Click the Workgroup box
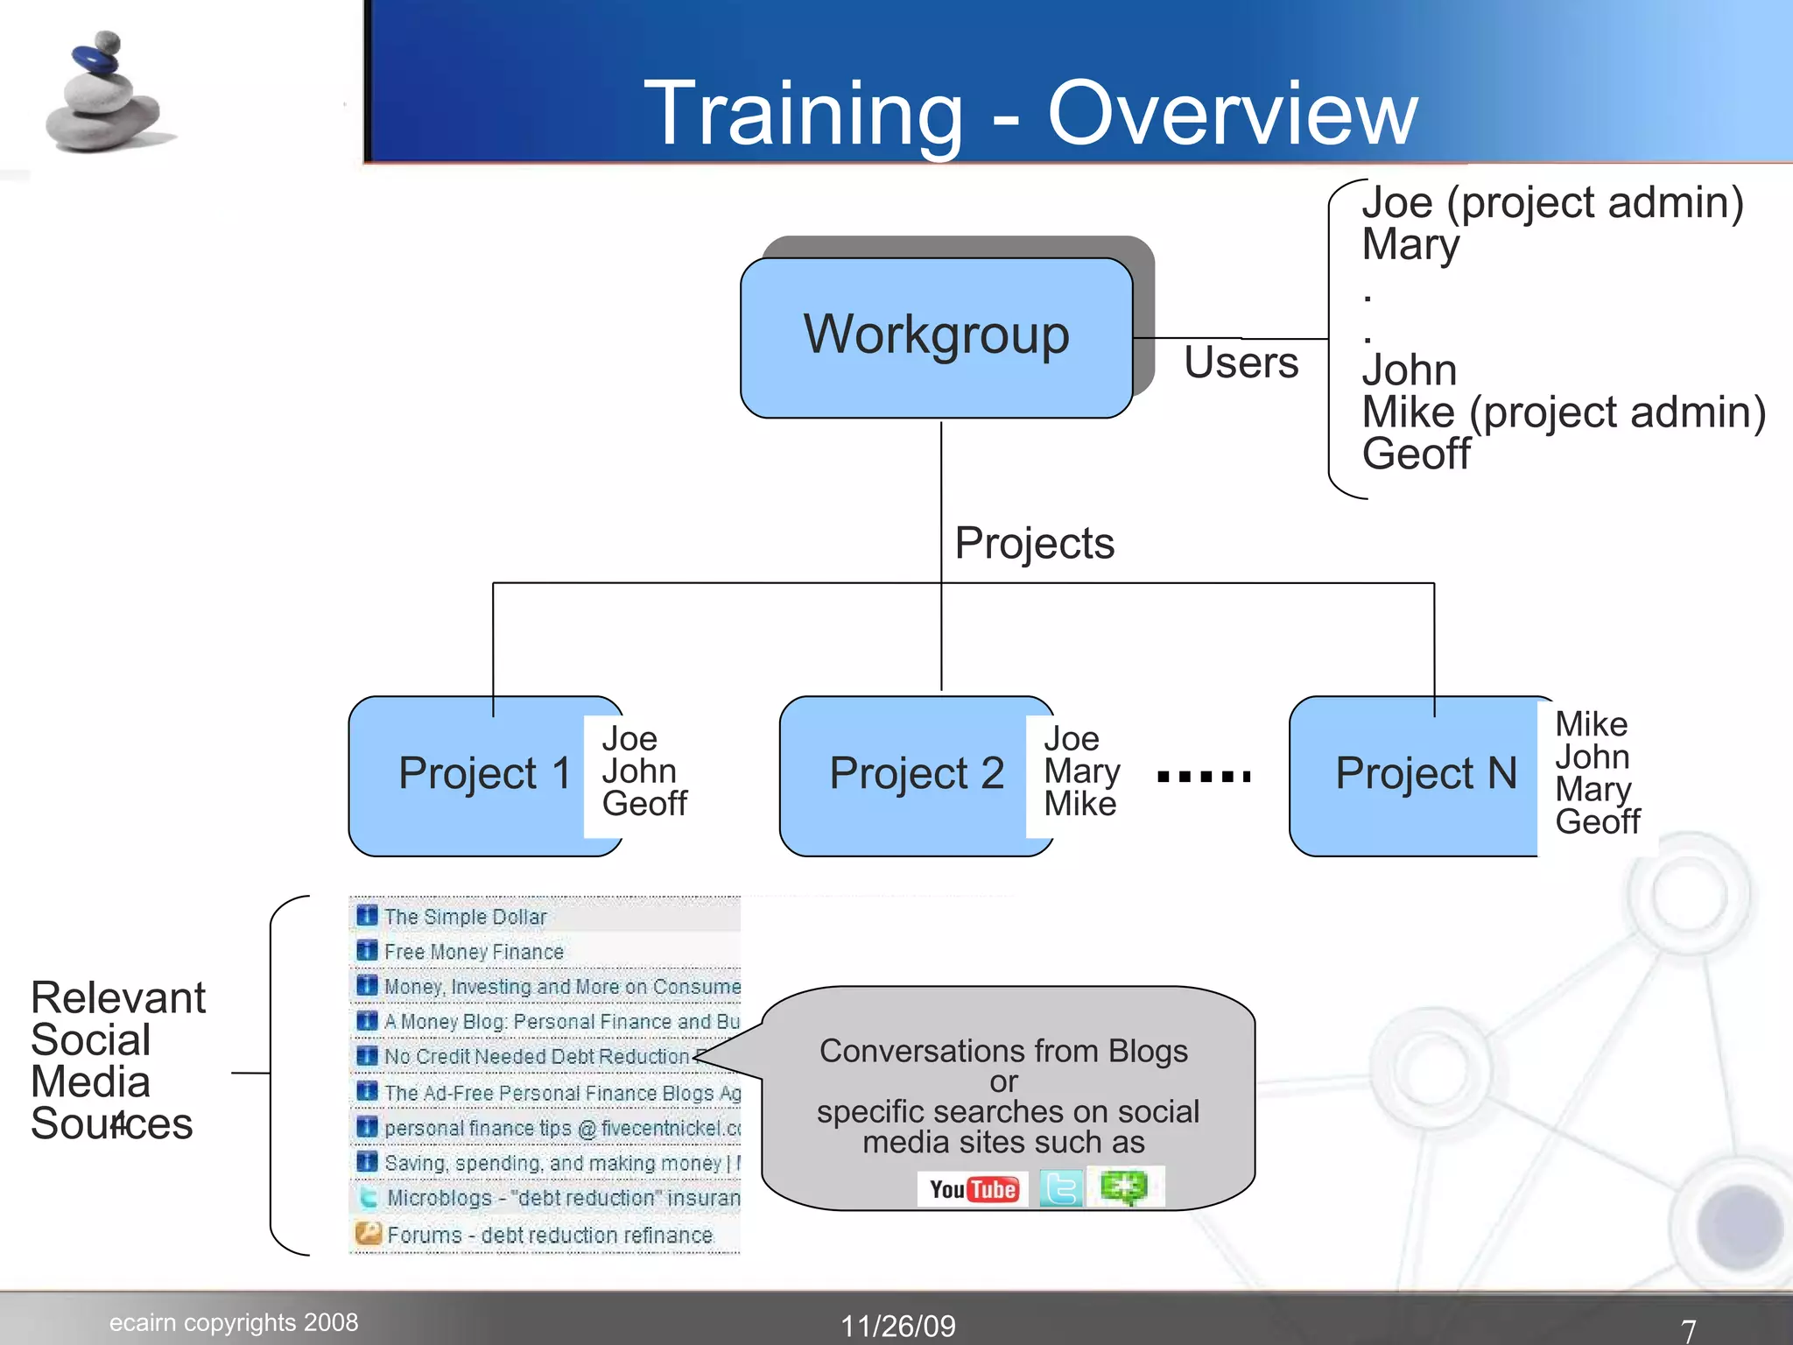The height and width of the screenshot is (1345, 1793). pyautogui.click(x=936, y=337)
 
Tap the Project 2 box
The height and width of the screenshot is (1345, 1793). pyautogui.click(x=911, y=774)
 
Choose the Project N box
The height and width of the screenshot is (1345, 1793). pyautogui.click(x=1418, y=774)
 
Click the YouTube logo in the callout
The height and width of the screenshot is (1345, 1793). pyautogui.click(x=974, y=1189)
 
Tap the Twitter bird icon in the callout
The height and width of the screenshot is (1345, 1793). pyautogui.click(x=1061, y=1189)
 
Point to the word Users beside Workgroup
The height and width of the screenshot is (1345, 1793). pyautogui.click(x=1241, y=363)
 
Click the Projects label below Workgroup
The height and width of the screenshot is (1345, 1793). pyautogui.click(x=1034, y=543)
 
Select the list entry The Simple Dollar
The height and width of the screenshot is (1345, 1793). pyautogui.click(x=465, y=917)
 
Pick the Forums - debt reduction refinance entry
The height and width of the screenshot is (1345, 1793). pyautogui.click(x=549, y=1235)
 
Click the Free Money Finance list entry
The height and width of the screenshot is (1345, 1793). pyautogui.click(x=474, y=952)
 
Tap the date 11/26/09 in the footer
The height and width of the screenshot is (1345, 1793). pyautogui.click(x=898, y=1326)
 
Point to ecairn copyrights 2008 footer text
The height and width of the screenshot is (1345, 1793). pyautogui.click(x=234, y=1322)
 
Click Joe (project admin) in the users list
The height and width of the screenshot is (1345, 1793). pyautogui.click(x=1552, y=203)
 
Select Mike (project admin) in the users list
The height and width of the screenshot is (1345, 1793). pyautogui.click(x=1564, y=412)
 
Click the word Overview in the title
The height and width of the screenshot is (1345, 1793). pyautogui.click(x=1232, y=114)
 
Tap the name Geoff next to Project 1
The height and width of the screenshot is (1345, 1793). pyautogui.click(x=644, y=804)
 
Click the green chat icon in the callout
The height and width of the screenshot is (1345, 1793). pyautogui.click(x=1124, y=1188)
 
